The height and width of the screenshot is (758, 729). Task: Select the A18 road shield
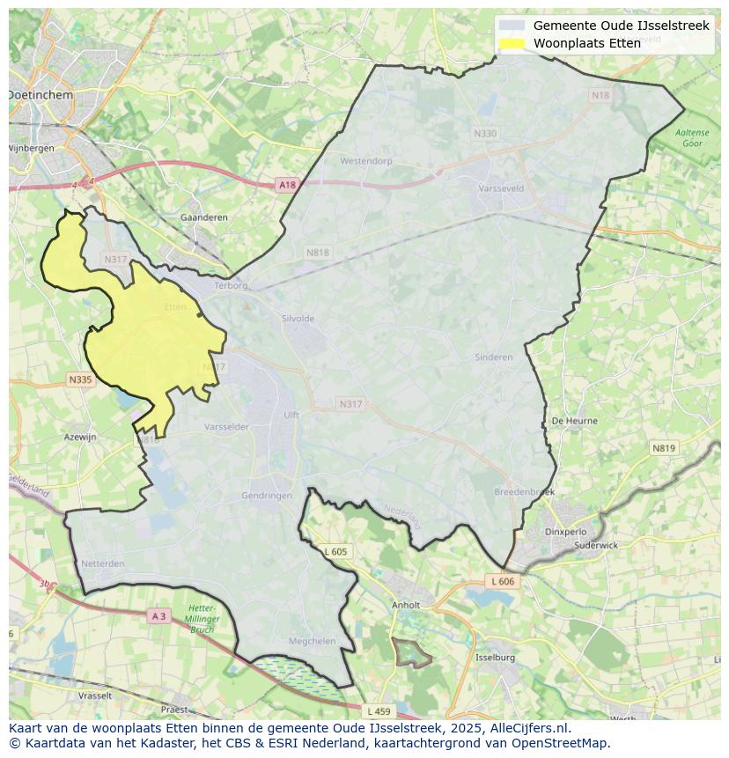point(287,185)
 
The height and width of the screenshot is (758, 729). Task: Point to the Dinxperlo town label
point(565,532)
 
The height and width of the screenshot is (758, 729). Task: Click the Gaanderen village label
point(203,217)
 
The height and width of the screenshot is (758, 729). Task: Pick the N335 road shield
point(79,379)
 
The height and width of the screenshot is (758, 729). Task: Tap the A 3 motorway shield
point(158,616)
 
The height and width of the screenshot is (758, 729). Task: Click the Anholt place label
point(406,606)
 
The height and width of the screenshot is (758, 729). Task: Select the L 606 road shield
point(502,582)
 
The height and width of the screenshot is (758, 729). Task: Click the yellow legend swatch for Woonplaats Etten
point(512,43)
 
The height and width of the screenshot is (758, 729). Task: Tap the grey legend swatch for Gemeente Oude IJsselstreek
point(512,26)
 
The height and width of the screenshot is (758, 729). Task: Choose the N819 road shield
point(664,448)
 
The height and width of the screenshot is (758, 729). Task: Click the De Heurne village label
point(574,421)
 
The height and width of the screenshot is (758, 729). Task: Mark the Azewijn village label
point(80,437)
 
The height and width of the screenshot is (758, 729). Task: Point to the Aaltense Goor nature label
point(692,137)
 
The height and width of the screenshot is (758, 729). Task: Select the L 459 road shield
point(379,710)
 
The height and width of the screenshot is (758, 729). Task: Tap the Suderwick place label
point(596,545)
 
